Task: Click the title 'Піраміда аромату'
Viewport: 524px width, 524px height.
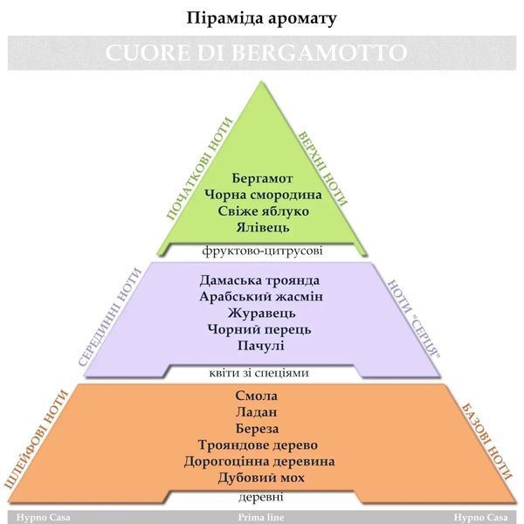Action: (261, 18)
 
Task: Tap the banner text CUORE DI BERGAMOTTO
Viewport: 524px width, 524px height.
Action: (256, 52)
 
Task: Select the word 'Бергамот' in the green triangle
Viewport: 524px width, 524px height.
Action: (262, 178)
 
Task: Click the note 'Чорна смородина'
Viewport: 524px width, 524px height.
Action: (263, 195)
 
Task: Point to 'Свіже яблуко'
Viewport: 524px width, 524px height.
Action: (264, 211)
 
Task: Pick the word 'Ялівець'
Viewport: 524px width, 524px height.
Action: (263, 228)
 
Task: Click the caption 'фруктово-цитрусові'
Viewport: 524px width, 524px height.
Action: (262, 251)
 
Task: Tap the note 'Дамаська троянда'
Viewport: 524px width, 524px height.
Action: (259, 280)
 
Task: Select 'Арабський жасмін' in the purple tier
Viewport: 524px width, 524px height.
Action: (261, 297)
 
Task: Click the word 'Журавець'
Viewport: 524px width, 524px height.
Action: (262, 314)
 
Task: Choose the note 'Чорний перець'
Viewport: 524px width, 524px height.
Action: (259, 329)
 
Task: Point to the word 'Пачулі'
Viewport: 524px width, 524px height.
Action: (260, 346)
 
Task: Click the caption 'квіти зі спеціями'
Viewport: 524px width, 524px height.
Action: (259, 373)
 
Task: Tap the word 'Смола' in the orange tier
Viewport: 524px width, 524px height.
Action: (256, 396)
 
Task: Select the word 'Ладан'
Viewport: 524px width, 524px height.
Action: (256, 412)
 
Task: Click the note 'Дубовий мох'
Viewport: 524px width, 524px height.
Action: (261, 478)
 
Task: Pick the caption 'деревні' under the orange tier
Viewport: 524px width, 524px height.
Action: (260, 497)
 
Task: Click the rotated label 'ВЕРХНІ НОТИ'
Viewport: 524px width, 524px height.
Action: (322, 168)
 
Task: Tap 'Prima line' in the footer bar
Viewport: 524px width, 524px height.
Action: (261, 518)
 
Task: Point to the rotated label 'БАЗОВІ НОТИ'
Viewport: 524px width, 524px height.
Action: (486, 442)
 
